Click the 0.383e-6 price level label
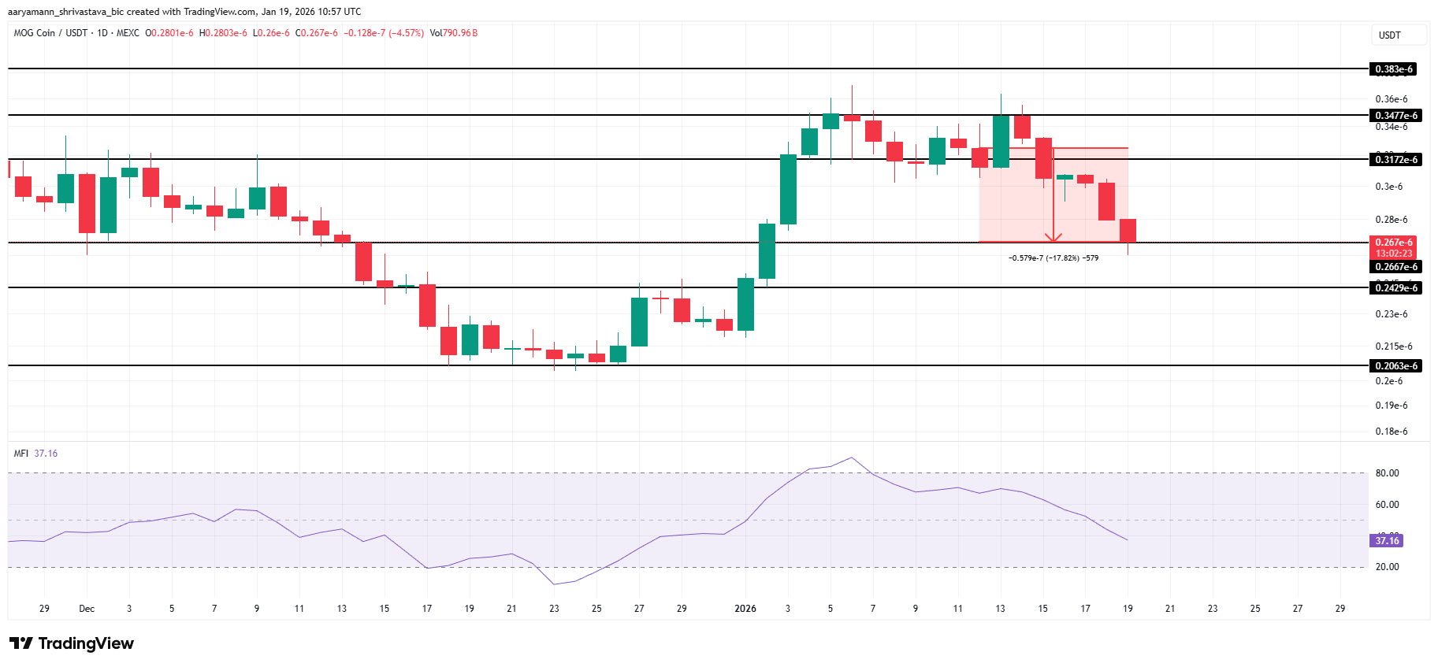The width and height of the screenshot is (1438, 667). [x=1394, y=69]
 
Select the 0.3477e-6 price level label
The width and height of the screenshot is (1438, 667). [x=1396, y=116]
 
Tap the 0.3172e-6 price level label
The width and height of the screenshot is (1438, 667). [x=1396, y=160]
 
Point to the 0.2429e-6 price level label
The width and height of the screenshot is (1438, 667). [x=1396, y=288]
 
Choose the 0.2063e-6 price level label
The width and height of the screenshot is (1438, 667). [x=1396, y=366]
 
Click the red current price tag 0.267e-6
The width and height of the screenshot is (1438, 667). [x=1394, y=243]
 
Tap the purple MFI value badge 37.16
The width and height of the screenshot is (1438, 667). [x=1387, y=541]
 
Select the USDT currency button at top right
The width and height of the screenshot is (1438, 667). [x=1390, y=35]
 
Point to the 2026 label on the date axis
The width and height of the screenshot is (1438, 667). [x=745, y=609]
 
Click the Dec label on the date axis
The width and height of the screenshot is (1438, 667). [x=87, y=609]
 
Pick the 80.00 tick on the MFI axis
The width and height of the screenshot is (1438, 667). [x=1387, y=473]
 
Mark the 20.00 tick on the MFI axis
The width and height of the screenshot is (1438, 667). [x=1387, y=567]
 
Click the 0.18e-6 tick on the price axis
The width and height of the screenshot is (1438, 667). [x=1391, y=432]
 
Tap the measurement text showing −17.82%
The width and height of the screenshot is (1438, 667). [x=1053, y=258]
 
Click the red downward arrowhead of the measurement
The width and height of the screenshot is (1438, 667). [x=1053, y=238]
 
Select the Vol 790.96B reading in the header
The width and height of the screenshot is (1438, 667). [x=454, y=33]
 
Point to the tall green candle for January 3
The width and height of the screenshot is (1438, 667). [x=788, y=189]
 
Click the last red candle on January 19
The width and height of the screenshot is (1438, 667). [x=1128, y=230]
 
